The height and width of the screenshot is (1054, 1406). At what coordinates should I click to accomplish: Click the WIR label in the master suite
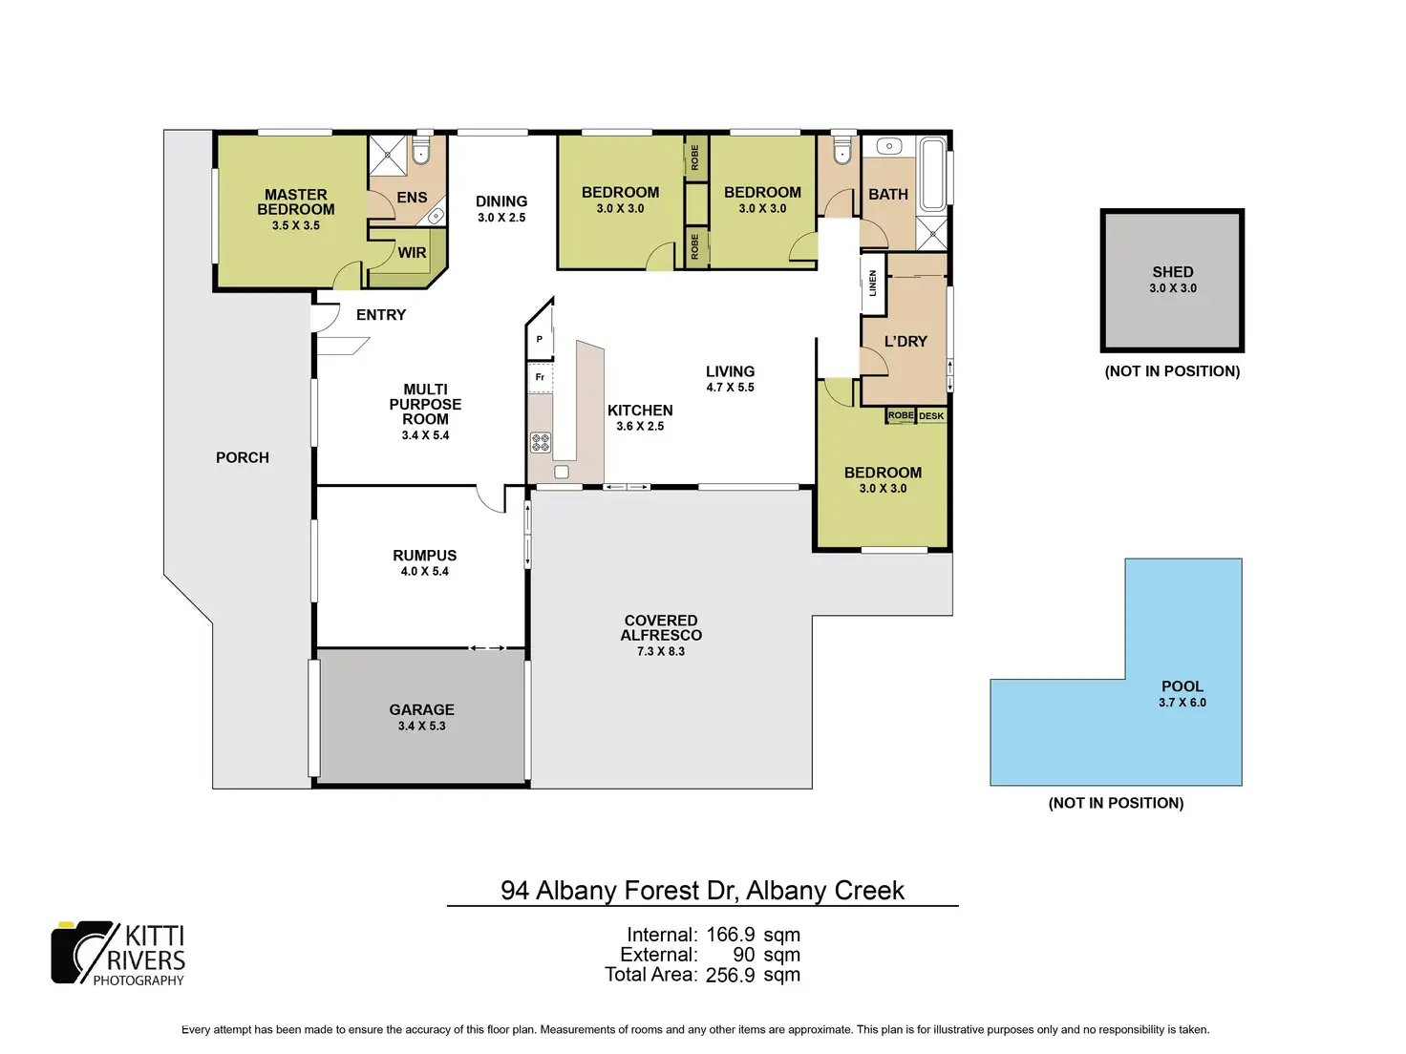pyautogui.click(x=412, y=253)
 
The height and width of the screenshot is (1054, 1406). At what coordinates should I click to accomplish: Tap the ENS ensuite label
pyautogui.click(x=412, y=197)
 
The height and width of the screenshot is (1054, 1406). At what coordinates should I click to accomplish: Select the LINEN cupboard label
pyautogui.click(x=872, y=283)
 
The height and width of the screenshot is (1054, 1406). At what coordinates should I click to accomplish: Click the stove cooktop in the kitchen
pyautogui.click(x=540, y=442)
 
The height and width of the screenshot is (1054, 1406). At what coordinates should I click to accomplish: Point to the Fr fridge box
pyautogui.click(x=540, y=377)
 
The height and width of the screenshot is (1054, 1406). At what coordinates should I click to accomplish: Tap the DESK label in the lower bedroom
pyautogui.click(x=930, y=416)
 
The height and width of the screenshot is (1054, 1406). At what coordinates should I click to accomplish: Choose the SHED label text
pyautogui.click(x=1172, y=272)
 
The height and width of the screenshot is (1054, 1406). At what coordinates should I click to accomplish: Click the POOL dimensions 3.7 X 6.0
pyautogui.click(x=1182, y=702)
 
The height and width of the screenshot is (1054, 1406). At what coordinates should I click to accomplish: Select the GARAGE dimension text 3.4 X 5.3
pyautogui.click(x=421, y=726)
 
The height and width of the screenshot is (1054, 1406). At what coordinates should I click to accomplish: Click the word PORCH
pyautogui.click(x=242, y=457)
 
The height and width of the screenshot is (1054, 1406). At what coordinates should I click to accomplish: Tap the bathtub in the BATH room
pyautogui.click(x=932, y=174)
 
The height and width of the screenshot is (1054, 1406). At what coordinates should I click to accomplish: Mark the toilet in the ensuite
pyautogui.click(x=420, y=151)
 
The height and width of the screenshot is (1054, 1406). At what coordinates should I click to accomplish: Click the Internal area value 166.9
pyautogui.click(x=731, y=935)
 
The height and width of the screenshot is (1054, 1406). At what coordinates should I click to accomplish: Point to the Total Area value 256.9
pyautogui.click(x=731, y=975)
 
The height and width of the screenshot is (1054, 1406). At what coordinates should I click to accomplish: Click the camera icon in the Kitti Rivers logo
pyautogui.click(x=82, y=952)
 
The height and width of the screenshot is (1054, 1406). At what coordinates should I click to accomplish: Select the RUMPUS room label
pyautogui.click(x=425, y=556)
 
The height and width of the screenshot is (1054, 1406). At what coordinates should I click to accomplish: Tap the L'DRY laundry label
pyautogui.click(x=905, y=342)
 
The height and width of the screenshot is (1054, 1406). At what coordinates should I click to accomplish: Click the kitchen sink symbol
pyautogui.click(x=561, y=473)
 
